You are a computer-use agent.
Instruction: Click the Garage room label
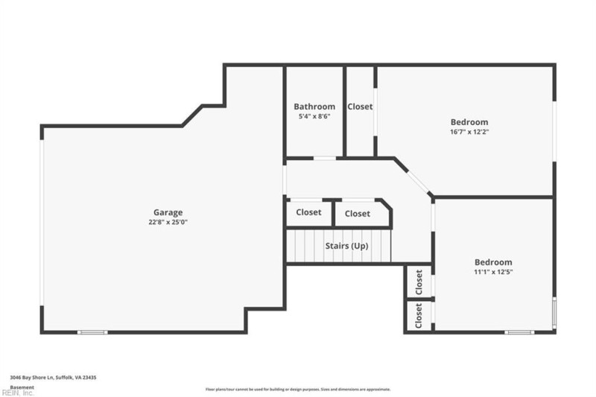tap(168, 212)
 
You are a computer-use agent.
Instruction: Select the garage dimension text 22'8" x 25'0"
tap(168, 222)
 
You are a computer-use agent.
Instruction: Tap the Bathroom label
tap(314, 107)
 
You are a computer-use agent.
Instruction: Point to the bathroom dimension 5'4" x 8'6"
tap(314, 116)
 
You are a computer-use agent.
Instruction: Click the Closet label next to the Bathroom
tap(360, 107)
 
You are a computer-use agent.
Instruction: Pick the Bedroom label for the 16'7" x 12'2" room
tap(469, 122)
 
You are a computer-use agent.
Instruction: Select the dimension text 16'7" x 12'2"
tap(469, 132)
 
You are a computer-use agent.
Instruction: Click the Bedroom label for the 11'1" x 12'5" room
tap(493, 262)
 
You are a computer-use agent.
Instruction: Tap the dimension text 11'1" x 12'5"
tap(493, 272)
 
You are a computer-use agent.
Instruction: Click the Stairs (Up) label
tap(346, 246)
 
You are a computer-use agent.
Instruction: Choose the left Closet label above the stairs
tap(308, 212)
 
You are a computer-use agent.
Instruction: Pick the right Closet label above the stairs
tap(357, 214)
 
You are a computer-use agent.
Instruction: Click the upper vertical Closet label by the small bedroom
tap(419, 282)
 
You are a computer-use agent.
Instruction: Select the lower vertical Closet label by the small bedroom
tap(419, 316)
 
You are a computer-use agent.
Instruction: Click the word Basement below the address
tap(22, 387)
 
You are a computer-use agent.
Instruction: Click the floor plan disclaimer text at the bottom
tap(298, 389)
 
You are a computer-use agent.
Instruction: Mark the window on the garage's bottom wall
tap(93, 332)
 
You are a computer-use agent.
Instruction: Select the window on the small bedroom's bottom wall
tap(519, 332)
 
